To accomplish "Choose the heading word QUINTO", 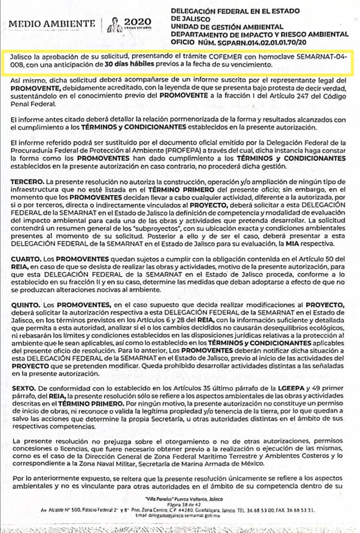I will click(26, 305).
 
